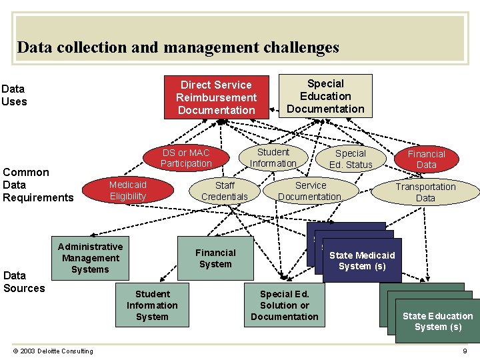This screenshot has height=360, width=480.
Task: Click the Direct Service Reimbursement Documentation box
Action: (x=217, y=97)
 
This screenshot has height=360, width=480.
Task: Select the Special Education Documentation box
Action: (x=325, y=96)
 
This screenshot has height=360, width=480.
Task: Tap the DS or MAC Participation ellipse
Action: (x=186, y=158)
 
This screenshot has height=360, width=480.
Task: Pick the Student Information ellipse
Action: (x=273, y=157)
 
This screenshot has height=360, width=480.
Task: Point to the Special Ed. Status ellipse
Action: (x=351, y=159)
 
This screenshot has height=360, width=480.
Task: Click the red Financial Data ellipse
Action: (x=426, y=159)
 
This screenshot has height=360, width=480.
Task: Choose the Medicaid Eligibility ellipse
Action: (x=128, y=190)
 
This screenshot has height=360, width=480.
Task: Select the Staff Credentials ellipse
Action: (x=225, y=191)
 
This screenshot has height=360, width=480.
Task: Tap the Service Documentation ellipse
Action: (x=311, y=191)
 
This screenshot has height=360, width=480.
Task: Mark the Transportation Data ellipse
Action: (x=425, y=192)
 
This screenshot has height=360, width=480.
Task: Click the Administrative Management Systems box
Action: (x=90, y=258)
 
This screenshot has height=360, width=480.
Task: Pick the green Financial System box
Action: (x=215, y=258)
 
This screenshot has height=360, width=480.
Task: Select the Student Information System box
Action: (x=152, y=305)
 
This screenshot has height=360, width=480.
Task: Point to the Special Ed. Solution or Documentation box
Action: (x=285, y=305)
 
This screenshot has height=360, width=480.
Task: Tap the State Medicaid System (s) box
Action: (x=362, y=261)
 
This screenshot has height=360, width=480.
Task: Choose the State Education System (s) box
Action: (x=437, y=321)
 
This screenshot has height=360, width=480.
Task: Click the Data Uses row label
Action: (x=15, y=95)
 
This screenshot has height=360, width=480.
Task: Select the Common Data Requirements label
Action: (x=38, y=185)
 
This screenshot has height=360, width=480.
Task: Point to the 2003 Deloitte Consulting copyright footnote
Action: (x=53, y=351)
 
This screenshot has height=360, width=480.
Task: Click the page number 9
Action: (x=465, y=351)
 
